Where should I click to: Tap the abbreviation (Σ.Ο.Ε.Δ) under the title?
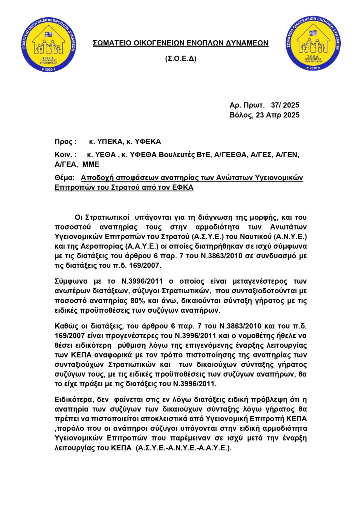[x=181, y=59]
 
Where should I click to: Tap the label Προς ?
[x=66, y=141]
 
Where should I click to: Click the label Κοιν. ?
[x=66, y=155]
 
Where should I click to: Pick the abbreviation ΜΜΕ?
[x=91, y=164]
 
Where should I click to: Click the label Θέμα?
[x=65, y=177]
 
